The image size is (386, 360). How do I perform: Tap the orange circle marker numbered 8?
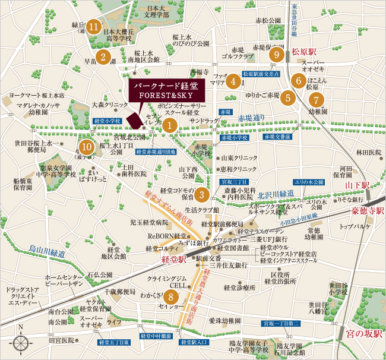coord(171,296)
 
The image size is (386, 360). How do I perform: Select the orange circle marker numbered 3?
coord(202,194)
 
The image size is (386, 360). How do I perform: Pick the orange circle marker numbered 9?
coord(274,55)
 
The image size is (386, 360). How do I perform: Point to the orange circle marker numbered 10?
coord(87,147)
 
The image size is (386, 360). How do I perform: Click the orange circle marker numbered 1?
coord(170,125)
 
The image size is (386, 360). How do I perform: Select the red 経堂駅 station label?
coord(175,260)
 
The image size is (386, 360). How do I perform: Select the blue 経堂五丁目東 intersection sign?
coord(114,343)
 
